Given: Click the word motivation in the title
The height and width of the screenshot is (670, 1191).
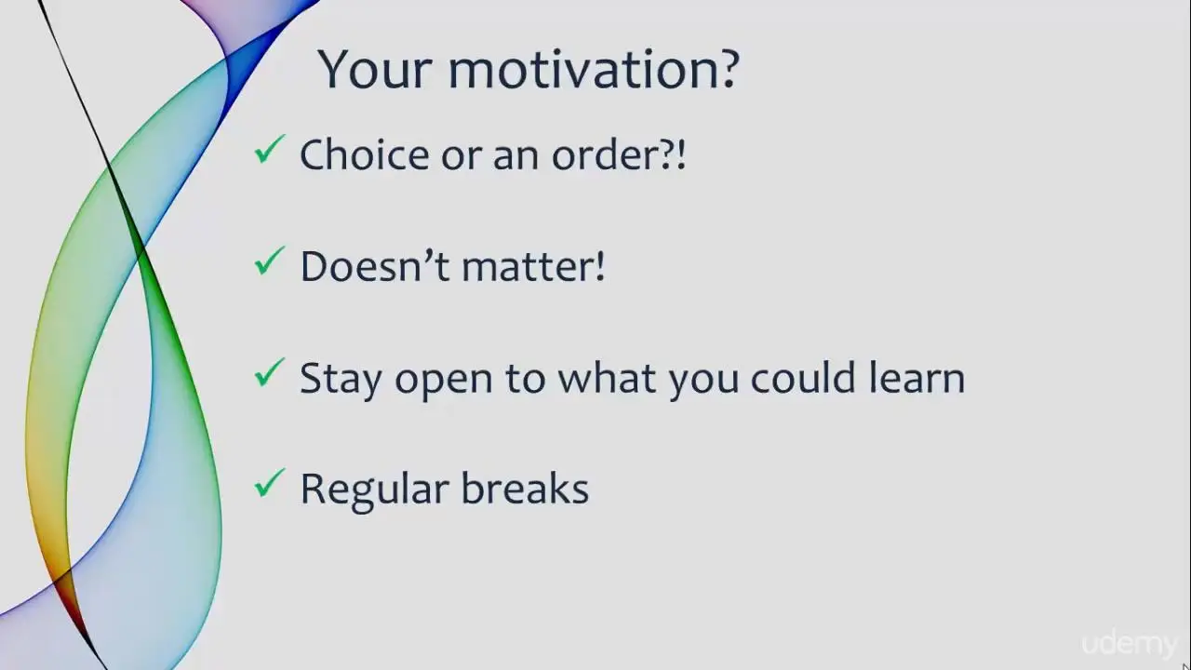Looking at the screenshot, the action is (x=579, y=70).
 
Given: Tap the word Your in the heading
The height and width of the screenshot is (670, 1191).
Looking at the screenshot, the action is (x=374, y=70).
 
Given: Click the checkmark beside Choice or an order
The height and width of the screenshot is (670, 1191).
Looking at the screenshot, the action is (x=270, y=150).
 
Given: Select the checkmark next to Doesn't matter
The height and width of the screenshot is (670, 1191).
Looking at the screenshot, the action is (x=270, y=261).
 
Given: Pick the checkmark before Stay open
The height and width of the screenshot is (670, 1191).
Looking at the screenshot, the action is (x=270, y=372).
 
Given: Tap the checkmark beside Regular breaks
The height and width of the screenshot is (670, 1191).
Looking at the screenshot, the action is (x=270, y=483).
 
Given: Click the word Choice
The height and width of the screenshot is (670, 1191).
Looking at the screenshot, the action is (x=365, y=154).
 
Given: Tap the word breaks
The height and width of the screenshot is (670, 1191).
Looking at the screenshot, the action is (x=525, y=489).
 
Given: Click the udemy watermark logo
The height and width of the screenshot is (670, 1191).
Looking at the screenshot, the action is (x=1130, y=645).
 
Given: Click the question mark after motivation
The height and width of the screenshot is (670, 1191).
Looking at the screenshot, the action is (x=726, y=69).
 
